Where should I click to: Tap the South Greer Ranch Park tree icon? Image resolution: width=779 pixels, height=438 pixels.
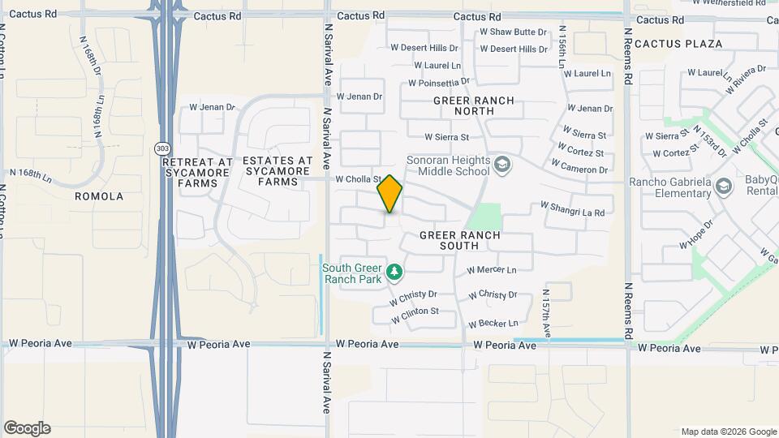click(x=394, y=271)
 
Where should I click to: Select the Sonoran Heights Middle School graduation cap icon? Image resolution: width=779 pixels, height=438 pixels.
click(x=502, y=165)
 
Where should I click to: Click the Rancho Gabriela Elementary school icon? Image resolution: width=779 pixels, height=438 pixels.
click(x=725, y=187)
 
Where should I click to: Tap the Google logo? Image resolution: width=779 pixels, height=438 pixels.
click(x=27, y=428)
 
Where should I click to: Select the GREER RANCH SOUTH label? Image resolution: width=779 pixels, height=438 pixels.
click(x=460, y=240)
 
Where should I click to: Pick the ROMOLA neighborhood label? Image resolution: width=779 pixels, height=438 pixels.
click(x=99, y=196)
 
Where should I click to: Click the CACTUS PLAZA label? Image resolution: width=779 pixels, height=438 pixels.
click(x=678, y=43)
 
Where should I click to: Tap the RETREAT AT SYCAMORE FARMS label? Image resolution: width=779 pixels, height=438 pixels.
click(x=199, y=173)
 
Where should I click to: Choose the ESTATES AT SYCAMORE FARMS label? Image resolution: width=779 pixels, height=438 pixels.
click(x=277, y=171)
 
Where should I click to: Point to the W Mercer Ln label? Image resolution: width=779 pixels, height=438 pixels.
click(x=491, y=270)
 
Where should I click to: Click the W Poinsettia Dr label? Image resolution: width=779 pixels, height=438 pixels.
click(x=439, y=82)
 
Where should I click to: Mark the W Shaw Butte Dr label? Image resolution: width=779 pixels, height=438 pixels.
click(x=513, y=32)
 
